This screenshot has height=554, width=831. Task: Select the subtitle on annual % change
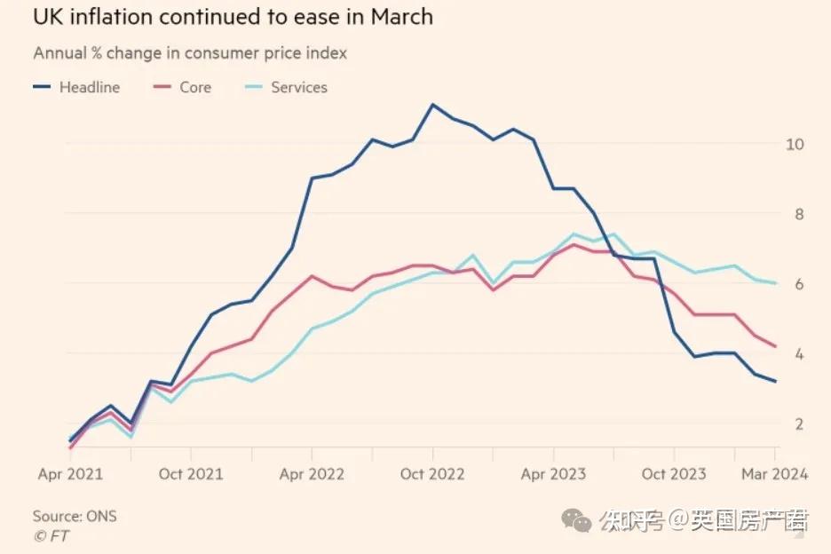click(190, 53)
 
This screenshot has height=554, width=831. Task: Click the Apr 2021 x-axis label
click(70, 474)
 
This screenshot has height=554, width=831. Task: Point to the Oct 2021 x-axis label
click(191, 474)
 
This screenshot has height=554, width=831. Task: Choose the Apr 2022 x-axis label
click(312, 474)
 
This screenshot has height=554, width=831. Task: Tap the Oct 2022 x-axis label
click(432, 474)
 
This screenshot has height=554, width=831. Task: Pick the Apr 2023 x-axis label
click(553, 474)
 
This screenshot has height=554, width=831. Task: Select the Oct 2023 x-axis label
click(674, 474)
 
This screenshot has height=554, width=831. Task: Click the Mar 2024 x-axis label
click(775, 474)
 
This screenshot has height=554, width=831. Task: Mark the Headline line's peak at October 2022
click(432, 105)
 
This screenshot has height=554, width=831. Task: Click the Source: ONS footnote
click(75, 516)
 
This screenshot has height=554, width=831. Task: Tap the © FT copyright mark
click(51, 535)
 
